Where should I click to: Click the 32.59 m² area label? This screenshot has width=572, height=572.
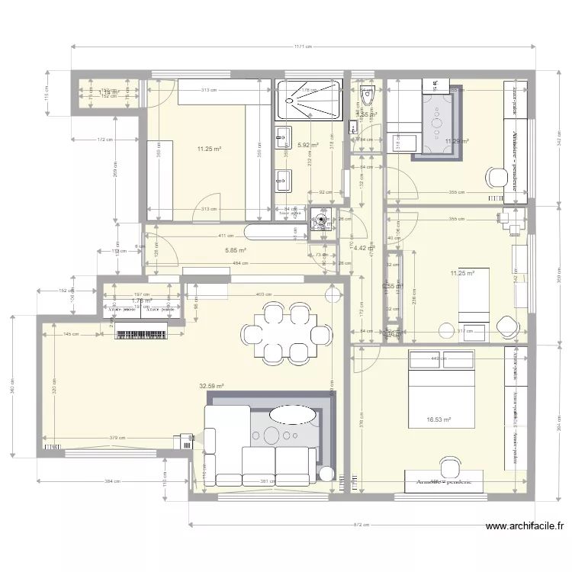click(211, 387)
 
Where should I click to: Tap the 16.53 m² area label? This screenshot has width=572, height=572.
click(439, 419)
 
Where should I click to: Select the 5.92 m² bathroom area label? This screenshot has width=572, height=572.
click(308, 145)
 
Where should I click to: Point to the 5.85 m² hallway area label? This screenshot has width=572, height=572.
click(235, 250)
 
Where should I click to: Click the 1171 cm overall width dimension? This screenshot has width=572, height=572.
click(302, 47)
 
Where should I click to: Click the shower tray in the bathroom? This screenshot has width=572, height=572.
click(308, 98)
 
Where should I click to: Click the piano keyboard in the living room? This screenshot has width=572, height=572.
click(141, 333)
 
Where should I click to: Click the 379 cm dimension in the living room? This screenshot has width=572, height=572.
click(117, 438)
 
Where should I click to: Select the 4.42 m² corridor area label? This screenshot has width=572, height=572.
click(363, 247)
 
